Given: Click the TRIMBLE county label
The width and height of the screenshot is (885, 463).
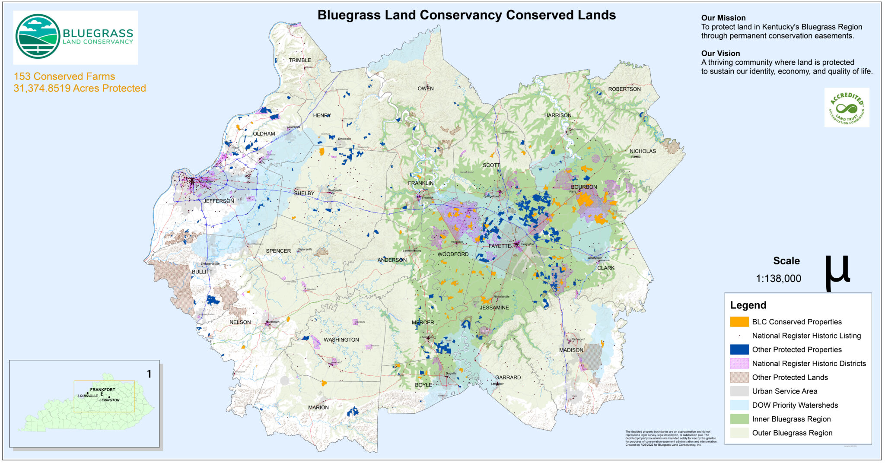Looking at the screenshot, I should (299, 60).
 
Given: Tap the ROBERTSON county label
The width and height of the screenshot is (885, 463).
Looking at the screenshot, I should (624, 89).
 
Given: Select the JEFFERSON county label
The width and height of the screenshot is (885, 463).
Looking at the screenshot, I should (219, 201).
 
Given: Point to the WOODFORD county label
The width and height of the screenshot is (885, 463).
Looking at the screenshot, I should (452, 254).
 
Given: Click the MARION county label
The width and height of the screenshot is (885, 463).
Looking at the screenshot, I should (318, 407).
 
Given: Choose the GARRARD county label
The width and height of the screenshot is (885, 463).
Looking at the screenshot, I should (508, 377).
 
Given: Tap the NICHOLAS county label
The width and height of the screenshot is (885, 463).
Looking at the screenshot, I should (642, 151).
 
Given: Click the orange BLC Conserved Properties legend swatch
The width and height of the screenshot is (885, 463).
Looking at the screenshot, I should (739, 322).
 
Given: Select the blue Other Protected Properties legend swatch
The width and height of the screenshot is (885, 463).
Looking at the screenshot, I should (739, 349).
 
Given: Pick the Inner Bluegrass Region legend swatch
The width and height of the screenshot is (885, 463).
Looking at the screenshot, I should (739, 419).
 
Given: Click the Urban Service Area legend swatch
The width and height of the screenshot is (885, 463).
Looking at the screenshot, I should (739, 391).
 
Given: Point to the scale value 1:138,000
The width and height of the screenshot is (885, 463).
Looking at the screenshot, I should (778, 279).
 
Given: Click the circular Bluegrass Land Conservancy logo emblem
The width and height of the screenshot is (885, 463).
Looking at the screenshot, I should (38, 36).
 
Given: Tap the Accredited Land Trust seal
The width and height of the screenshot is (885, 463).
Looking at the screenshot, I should (847, 108).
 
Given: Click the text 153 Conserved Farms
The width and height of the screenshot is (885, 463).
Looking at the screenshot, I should (64, 76).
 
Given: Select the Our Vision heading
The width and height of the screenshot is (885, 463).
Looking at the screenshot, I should (720, 54).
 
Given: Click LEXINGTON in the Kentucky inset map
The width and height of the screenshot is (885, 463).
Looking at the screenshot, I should (109, 400).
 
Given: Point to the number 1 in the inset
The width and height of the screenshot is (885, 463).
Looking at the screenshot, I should (149, 374).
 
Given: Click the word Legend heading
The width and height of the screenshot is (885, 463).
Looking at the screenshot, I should (748, 305).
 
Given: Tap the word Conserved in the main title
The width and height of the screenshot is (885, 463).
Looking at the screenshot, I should (534, 15).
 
